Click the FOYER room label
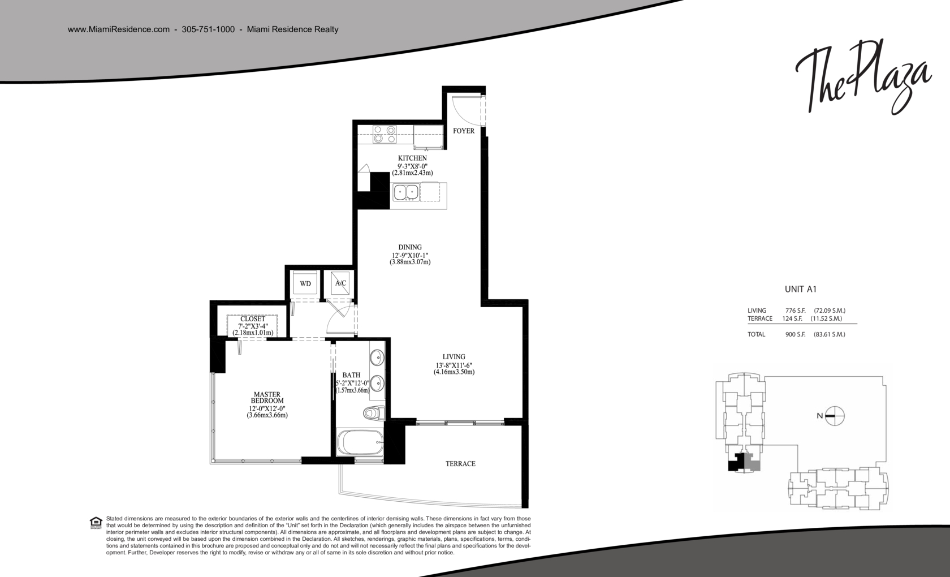464,131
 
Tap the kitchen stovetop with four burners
385,134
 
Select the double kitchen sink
406,192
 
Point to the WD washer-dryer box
305,283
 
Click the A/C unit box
340,283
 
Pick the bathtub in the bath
360,442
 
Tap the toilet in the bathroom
374,413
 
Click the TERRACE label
460,464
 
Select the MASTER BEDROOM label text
267,397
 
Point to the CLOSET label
253,318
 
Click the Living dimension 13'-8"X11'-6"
454,365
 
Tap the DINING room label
410,247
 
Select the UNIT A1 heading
800,290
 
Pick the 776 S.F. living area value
795,311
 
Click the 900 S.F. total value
795,334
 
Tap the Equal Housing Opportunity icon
96,523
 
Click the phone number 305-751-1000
208,29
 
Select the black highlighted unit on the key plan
736,463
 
